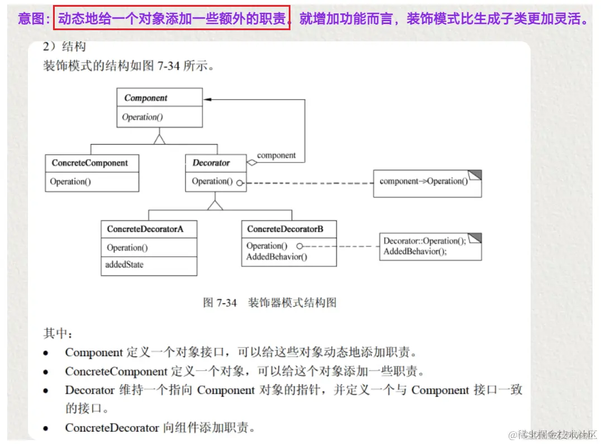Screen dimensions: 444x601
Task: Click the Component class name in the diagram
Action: (146, 98)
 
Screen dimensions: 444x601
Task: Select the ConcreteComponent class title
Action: (90, 163)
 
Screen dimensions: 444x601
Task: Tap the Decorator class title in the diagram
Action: (211, 163)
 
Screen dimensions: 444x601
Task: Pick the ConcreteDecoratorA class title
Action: (145, 229)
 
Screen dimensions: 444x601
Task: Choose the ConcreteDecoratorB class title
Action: (285, 228)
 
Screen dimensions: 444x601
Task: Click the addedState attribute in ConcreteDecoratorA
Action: (124, 265)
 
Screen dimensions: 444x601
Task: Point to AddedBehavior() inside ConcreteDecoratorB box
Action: (276, 257)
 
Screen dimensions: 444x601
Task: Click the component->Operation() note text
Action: (423, 181)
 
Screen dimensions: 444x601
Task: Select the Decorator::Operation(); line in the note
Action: (424, 241)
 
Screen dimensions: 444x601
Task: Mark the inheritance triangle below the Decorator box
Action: (215, 204)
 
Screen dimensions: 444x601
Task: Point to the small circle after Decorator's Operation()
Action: (240, 182)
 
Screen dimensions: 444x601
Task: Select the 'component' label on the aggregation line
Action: (276, 155)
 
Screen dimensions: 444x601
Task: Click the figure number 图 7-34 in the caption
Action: (220, 303)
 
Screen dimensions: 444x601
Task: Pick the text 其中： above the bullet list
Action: (58, 333)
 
